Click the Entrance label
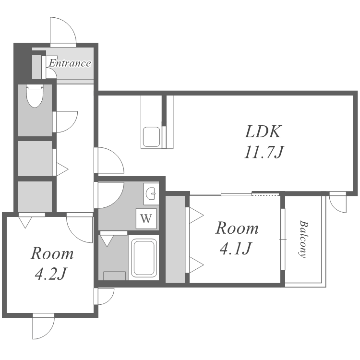tap(70, 63)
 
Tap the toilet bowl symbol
tap(35, 96)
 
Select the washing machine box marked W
tap(146, 218)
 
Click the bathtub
tap(144, 257)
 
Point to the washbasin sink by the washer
tap(151, 193)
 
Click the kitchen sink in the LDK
tap(152, 137)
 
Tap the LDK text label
tap(263, 132)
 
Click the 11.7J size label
tap(264, 152)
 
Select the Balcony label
tap(303, 239)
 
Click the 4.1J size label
tap(236, 249)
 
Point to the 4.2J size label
tap(51, 274)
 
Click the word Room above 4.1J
tap(237, 228)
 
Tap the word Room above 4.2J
tap(52, 253)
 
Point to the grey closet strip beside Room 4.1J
tap(175, 239)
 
